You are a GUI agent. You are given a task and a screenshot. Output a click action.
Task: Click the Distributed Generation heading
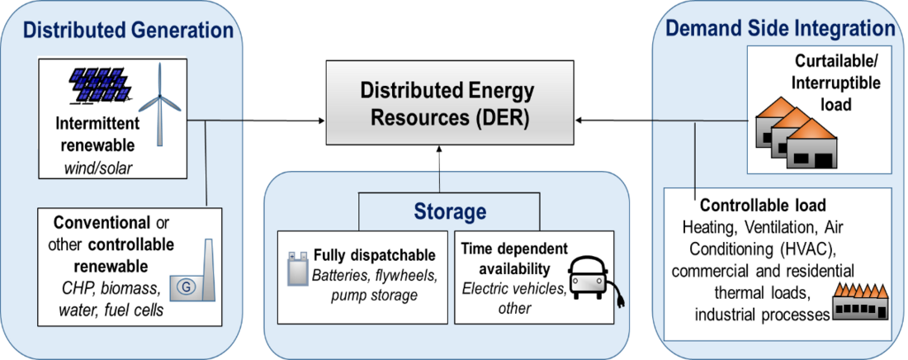128,31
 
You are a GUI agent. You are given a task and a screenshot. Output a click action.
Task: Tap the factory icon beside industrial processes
858,302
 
